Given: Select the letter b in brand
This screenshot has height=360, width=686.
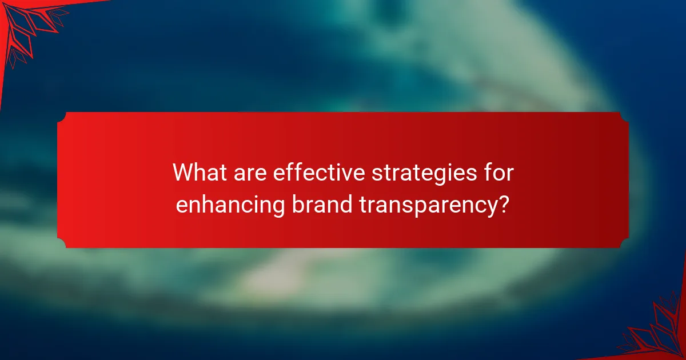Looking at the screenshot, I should [297, 203].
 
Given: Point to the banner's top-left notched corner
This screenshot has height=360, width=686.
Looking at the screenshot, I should [62, 117].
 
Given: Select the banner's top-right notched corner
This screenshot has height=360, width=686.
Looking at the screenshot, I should [624, 117].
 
